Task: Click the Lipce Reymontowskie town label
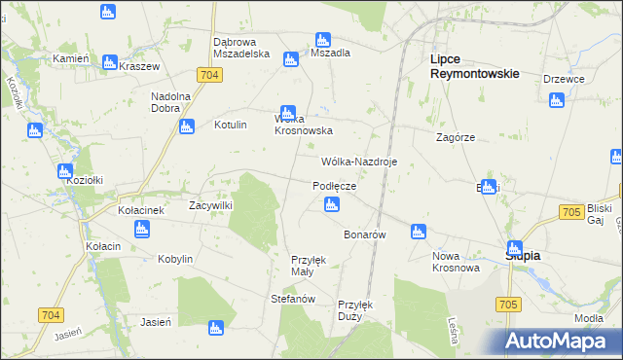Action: pyautogui.click(x=474, y=66)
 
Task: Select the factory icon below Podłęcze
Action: pyautogui.click(x=331, y=204)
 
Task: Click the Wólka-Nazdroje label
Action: pyautogui.click(x=359, y=162)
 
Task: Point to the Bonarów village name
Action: pyautogui.click(x=366, y=235)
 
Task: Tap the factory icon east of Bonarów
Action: pyautogui.click(x=418, y=232)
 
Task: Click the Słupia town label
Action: pyautogui.click(x=523, y=255)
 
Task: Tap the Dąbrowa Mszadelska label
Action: pyautogui.click(x=240, y=48)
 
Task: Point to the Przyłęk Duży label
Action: pyautogui.click(x=355, y=309)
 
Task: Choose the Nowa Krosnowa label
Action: pyautogui.click(x=456, y=262)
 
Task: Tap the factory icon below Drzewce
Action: pyautogui.click(x=556, y=99)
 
